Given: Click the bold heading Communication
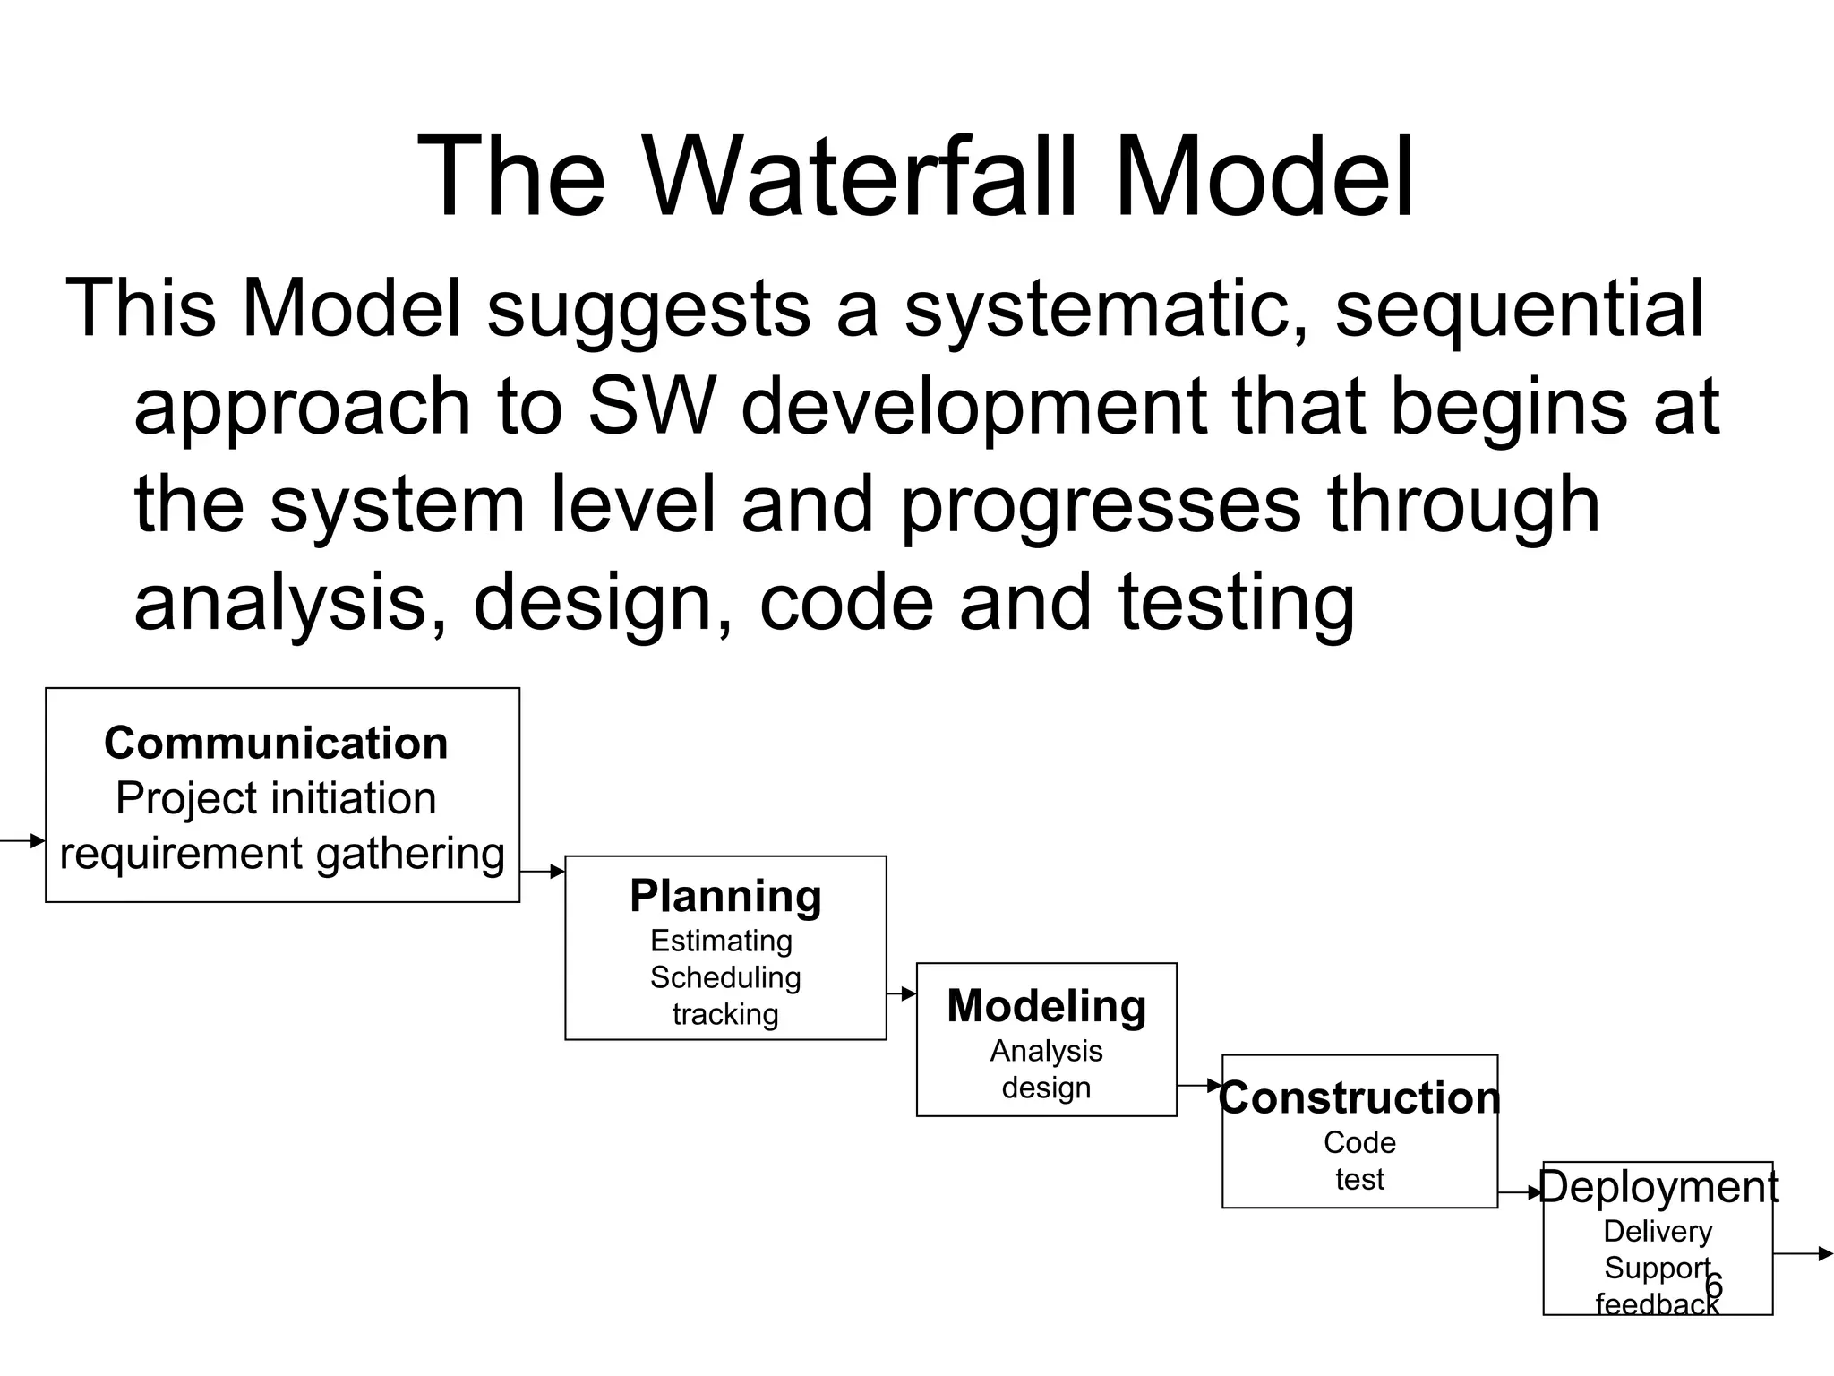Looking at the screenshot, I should pos(276,744).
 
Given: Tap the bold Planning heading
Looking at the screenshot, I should pos(725,896).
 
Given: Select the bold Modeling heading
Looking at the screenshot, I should pos(1046,1006).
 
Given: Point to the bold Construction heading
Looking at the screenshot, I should pos(1359,1098).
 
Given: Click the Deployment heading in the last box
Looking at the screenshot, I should pos(1658,1187).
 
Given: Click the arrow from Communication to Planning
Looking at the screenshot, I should pos(542,871).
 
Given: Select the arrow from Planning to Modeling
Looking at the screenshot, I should pos(901,993).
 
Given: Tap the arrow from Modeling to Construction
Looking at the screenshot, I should pos(1199,1086).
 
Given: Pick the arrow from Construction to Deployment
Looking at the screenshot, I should pos(1520,1193).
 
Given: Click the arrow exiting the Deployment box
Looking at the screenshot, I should pos(1803,1254).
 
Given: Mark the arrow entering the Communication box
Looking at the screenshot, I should pos(23,840).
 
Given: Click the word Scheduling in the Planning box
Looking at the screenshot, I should pos(725,977).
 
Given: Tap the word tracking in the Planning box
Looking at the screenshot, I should pos(725,1014).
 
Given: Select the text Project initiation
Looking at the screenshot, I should pos(276,798).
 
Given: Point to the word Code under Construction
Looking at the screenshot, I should pos(1359,1142).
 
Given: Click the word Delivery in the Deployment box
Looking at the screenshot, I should pos(1658,1231).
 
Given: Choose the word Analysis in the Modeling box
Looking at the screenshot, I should pos(1046,1051).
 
